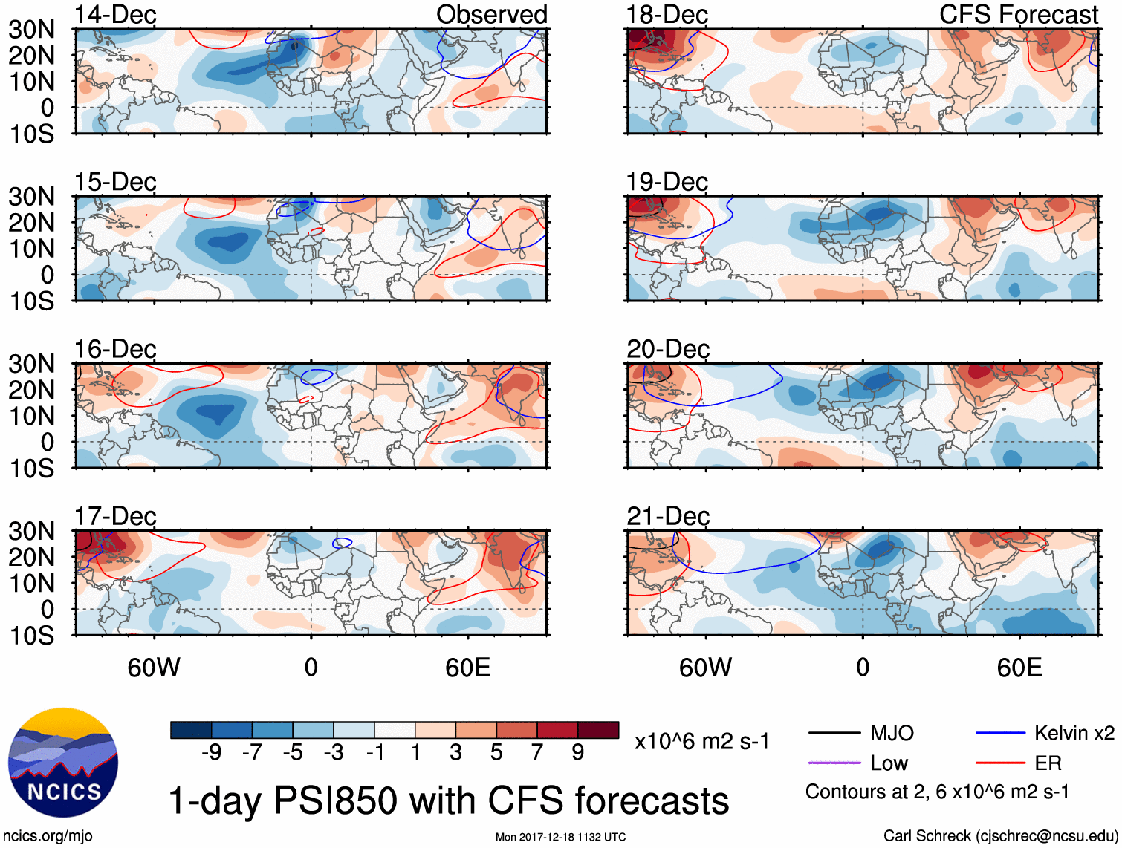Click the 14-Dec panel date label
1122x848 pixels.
[115, 15]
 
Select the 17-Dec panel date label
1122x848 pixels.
[115, 516]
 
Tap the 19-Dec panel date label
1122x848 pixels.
[667, 182]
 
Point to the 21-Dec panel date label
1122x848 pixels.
[668, 516]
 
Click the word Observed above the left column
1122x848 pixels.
[491, 15]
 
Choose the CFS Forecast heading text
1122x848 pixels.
[1019, 15]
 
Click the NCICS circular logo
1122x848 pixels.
[63, 763]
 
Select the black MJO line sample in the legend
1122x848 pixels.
[834, 733]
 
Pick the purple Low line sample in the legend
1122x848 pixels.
[834, 763]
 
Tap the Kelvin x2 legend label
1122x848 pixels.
[1074, 734]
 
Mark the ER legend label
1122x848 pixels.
[1048, 763]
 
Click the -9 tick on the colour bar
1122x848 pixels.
[211, 753]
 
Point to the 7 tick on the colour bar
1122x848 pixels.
[537, 753]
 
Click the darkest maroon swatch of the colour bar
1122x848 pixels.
[598, 730]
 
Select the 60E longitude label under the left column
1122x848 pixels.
[467, 668]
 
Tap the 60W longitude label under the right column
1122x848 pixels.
[705, 668]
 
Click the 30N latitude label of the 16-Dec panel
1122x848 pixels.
[32, 364]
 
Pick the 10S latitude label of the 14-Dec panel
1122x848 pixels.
[32, 134]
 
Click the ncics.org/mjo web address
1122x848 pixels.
[48, 836]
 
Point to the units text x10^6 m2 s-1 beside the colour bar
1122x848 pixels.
[701, 741]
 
